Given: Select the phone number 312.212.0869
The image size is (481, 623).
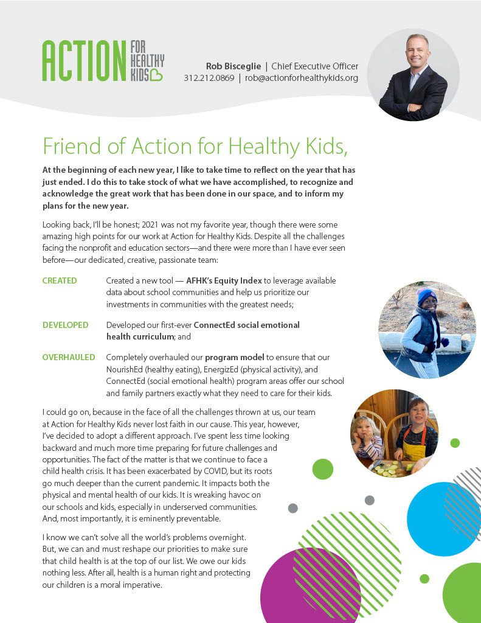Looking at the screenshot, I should tap(209, 78).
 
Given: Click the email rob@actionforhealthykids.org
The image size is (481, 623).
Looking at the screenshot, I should tap(301, 78).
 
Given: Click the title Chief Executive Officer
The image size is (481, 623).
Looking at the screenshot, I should tap(314, 66).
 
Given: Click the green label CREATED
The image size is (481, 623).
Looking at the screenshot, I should tap(60, 280).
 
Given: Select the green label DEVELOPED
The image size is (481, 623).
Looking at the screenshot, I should tap(65, 325).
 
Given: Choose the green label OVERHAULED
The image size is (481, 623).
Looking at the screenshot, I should tap(69, 357).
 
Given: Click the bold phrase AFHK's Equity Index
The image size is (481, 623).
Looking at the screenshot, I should tap(224, 280).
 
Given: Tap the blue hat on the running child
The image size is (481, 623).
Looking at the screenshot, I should tap(427, 296).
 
